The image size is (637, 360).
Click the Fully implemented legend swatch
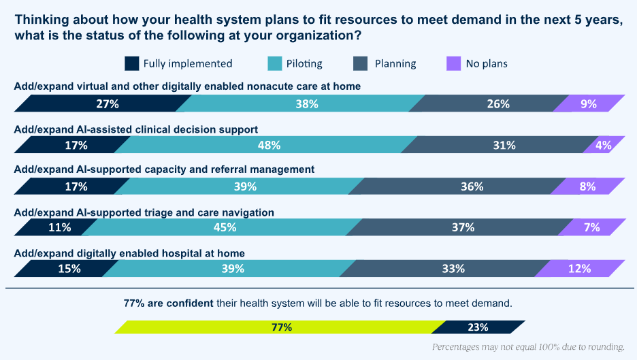tap(131, 63)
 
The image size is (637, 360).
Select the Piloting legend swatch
tap(275, 63)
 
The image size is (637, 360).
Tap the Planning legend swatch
tap(361, 63)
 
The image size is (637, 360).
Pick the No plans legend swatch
tap(453, 63)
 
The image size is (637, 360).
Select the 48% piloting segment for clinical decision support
tap(269, 145)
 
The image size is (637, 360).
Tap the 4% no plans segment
tap(602, 145)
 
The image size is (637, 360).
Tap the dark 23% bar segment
tap(478, 327)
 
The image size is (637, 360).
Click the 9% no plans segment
tap(588, 104)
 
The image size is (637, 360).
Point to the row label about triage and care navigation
tap(144, 212)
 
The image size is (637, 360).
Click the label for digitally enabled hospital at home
tap(129, 253)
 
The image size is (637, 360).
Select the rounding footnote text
tap(528, 347)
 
